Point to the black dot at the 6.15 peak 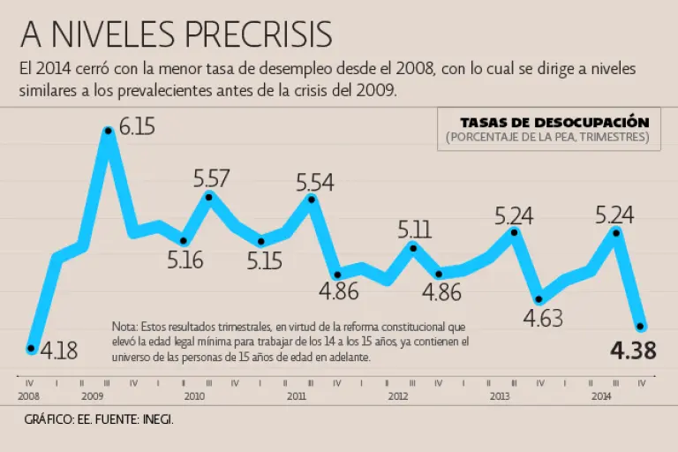point(108,131)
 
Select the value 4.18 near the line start point(59,350)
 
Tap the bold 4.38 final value point(633,350)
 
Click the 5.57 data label point(211,178)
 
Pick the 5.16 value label point(185,261)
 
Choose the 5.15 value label point(264,261)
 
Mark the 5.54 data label point(314,183)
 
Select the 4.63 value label point(543,319)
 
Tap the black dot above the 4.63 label point(539,299)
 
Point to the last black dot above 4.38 point(641,327)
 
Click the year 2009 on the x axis point(91,396)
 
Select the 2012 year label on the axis point(397,396)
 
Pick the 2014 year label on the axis point(601,396)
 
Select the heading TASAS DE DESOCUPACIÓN point(554,122)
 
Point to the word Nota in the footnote point(124,325)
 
